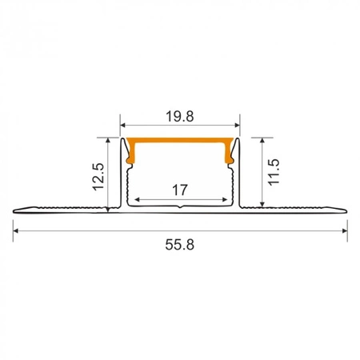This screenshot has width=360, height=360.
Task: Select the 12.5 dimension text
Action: (98, 173)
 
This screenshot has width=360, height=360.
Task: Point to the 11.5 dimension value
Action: (273, 173)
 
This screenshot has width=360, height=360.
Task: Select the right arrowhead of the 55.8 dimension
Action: (344, 231)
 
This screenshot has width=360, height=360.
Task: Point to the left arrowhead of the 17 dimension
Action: (136, 199)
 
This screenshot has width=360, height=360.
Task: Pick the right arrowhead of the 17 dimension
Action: (224, 199)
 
